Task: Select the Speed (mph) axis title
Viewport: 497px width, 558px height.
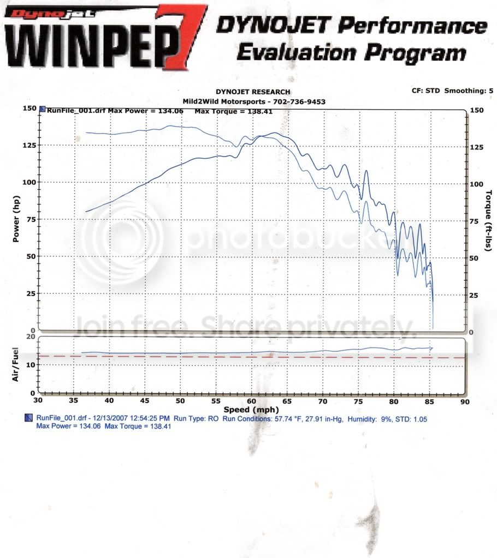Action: (x=252, y=410)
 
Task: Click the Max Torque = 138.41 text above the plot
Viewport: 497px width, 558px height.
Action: (x=230, y=111)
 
